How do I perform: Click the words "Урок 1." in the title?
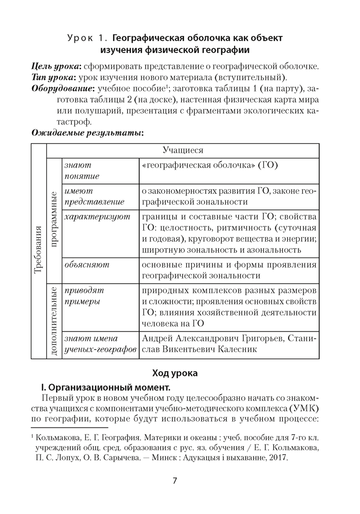coord(87,38)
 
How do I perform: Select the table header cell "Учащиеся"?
coord(183,150)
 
